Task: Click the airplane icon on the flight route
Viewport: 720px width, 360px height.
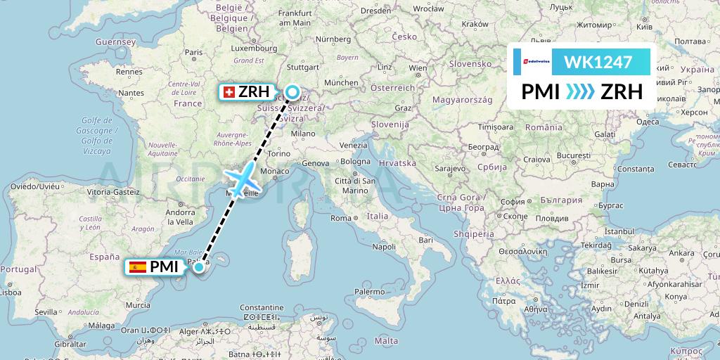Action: (243, 179)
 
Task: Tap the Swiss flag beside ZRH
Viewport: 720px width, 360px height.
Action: (229, 92)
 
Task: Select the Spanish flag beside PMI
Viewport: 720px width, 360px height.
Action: (138, 266)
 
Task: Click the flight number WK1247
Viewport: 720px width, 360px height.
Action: (598, 62)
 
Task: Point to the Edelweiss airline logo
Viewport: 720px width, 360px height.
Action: (532, 62)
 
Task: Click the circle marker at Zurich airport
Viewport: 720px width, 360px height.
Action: (292, 91)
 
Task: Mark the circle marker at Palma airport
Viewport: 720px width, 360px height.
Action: (199, 266)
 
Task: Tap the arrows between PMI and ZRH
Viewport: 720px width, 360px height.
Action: (579, 92)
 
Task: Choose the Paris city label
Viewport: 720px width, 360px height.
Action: (193, 52)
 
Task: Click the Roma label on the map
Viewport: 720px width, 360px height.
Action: (341, 218)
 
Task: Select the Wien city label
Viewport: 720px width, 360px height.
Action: (418, 68)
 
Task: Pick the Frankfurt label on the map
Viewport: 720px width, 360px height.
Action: (295, 13)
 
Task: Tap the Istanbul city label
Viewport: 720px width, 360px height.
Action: (619, 231)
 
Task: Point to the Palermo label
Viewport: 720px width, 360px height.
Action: (369, 291)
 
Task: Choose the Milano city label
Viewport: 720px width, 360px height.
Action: (304, 133)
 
